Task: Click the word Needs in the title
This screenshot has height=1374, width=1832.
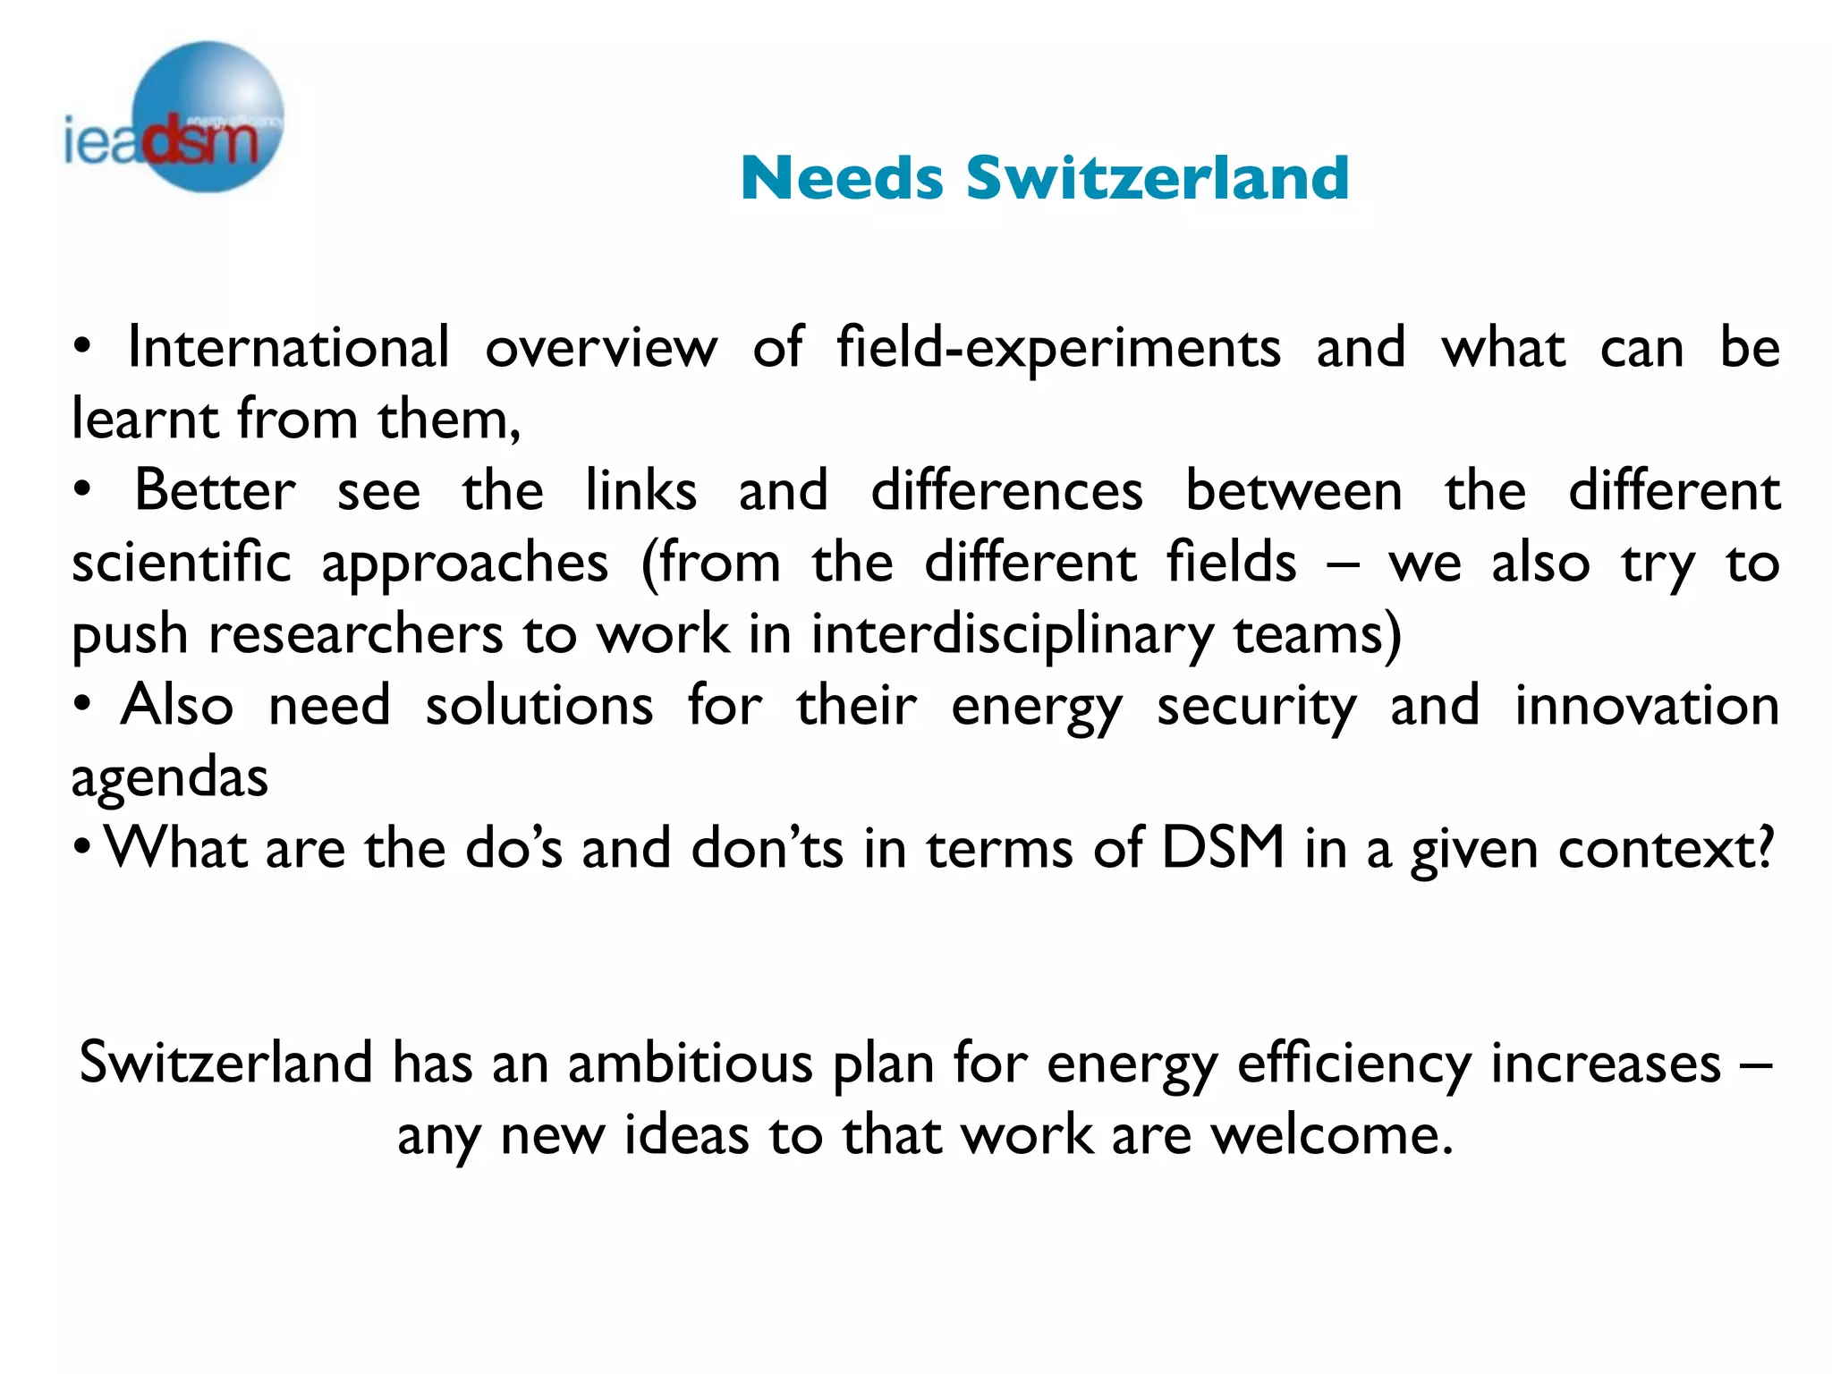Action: pos(842,177)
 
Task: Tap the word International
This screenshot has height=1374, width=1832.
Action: pos(288,347)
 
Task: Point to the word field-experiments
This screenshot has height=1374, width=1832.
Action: pos(1058,349)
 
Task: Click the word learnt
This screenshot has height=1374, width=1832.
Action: pos(142,419)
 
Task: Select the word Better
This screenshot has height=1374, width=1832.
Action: pos(215,490)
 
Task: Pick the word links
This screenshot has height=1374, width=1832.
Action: pos(640,490)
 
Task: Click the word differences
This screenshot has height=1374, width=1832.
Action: pos(1006,490)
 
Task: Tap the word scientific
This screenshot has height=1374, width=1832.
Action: pos(182,562)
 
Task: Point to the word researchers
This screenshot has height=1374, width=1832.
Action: pos(356,635)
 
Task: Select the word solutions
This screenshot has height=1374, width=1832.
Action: pos(539,705)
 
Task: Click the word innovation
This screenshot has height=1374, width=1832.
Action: pos(1646,705)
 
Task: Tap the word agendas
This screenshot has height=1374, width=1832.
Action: pos(170,778)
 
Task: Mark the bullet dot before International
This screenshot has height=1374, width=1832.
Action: pos(82,348)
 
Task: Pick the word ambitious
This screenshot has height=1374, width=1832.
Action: pos(691,1063)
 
